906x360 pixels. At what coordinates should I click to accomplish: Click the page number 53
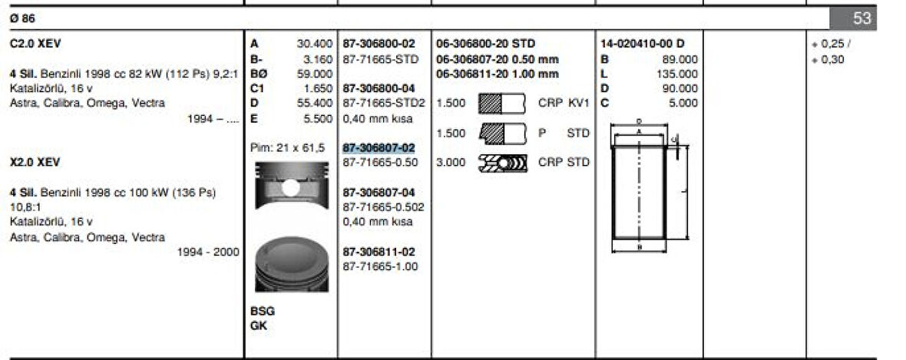[862, 18]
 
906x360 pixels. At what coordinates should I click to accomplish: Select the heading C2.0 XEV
[36, 44]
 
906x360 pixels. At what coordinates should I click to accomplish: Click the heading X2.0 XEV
[35, 163]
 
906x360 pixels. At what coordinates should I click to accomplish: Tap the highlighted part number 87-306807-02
[379, 147]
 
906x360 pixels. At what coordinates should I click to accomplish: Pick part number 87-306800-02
[379, 44]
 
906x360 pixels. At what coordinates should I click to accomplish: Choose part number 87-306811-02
[379, 251]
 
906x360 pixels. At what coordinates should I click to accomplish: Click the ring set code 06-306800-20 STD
[485, 44]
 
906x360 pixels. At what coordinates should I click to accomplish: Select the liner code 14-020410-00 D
[642, 44]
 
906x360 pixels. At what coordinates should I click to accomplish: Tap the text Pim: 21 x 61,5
[288, 147]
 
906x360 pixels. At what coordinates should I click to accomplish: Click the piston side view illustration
[288, 189]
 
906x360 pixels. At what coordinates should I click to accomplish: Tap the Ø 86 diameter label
[24, 17]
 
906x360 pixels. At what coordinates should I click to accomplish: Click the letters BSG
[263, 312]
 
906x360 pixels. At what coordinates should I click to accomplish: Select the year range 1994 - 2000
[207, 252]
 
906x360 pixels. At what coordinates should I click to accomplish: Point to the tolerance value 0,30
[832, 59]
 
